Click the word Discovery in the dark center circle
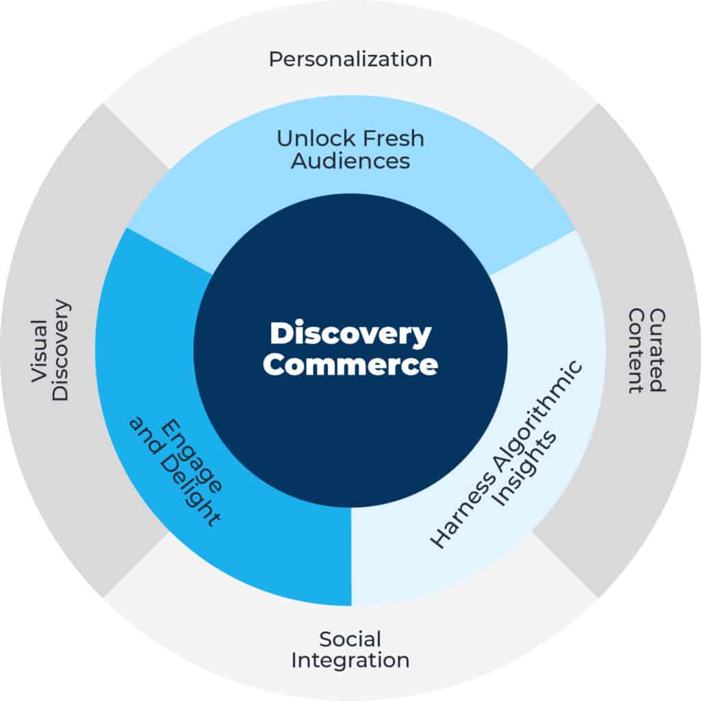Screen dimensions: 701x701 (350, 335)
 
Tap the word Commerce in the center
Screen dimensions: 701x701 (350, 364)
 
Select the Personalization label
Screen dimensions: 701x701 (350, 59)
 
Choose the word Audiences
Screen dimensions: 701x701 (350, 162)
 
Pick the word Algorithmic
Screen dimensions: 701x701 (527, 418)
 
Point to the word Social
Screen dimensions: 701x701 (350, 639)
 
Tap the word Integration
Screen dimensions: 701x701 (350, 661)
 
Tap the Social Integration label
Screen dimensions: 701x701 (350, 650)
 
